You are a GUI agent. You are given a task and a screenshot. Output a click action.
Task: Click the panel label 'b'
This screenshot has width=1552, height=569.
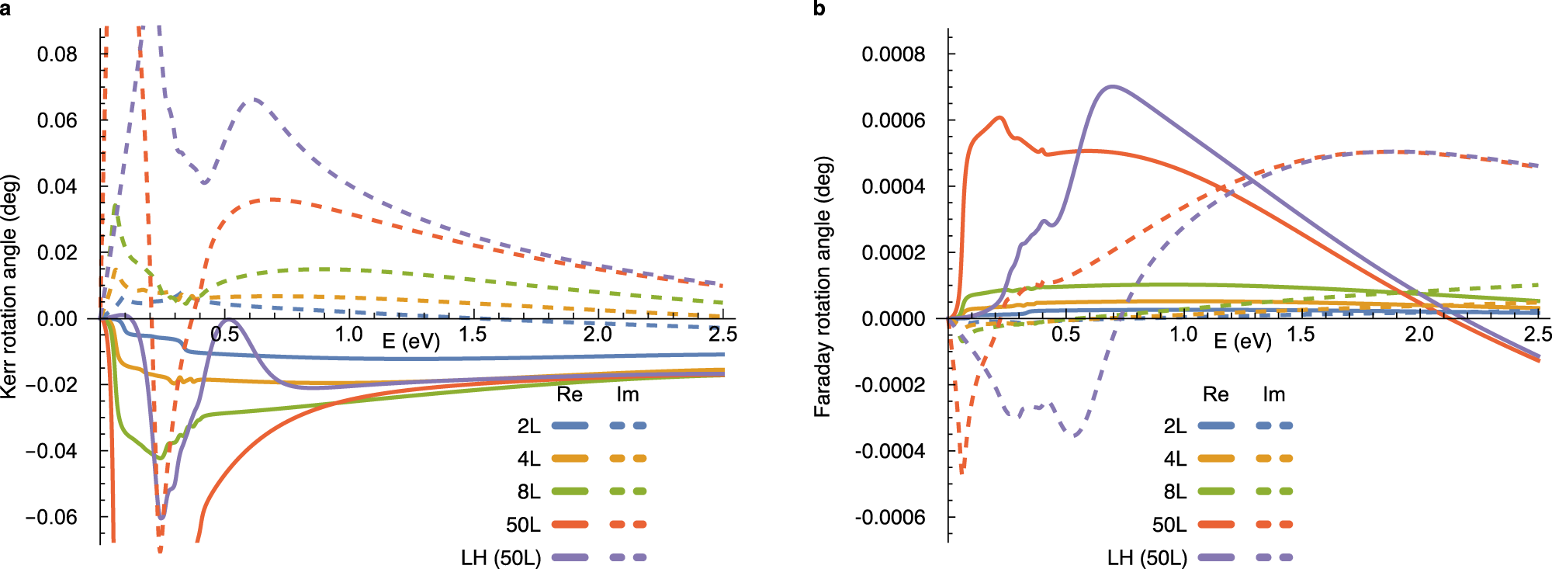coord(819,9)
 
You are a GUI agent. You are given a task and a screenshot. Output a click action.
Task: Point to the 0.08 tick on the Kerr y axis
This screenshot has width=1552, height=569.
coord(57,54)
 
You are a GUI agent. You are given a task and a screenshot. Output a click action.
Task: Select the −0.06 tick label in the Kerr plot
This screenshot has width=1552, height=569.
coord(51,517)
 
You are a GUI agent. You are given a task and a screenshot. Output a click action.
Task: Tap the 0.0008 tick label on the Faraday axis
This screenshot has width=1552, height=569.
coord(893,54)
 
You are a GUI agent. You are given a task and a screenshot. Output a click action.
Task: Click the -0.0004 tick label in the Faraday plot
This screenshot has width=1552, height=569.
coord(890,451)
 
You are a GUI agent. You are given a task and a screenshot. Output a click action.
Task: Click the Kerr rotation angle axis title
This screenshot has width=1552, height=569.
coord(9,286)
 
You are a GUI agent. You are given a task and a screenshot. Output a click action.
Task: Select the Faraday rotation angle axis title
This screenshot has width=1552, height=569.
coord(823,286)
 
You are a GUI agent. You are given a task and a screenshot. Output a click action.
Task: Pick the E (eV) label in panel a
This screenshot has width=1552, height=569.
coord(411,341)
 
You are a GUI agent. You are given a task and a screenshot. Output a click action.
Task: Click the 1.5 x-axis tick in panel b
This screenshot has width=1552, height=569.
coord(1301,335)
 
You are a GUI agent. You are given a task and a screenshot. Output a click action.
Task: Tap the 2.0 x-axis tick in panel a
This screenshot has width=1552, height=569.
coord(597,335)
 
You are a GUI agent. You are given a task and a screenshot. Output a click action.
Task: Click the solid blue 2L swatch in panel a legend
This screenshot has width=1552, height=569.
coord(570,425)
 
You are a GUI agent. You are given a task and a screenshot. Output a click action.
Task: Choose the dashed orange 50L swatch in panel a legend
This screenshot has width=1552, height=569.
coord(628,525)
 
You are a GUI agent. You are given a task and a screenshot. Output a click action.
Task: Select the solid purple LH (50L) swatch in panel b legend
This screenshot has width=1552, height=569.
coord(1216,557)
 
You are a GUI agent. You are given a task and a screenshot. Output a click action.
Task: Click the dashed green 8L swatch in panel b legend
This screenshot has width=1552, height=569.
coord(1274,491)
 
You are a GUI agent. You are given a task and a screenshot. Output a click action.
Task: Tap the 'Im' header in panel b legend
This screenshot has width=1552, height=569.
coord(1273,394)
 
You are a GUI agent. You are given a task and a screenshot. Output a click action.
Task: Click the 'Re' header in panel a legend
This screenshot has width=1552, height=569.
coord(569,394)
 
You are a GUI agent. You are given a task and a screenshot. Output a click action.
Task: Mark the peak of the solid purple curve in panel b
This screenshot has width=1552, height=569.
coord(1114,86)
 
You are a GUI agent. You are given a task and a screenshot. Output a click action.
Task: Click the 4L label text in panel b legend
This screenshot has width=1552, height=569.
coord(1175,459)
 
